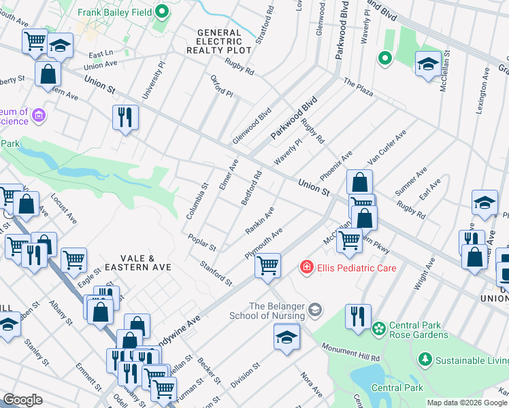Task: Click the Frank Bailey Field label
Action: click(114, 12)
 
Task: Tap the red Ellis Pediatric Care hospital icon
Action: click(307, 268)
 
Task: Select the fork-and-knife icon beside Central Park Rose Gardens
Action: click(358, 317)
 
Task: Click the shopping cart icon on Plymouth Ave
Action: click(268, 265)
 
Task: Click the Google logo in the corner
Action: click(22, 399)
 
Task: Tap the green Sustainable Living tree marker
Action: click(425, 358)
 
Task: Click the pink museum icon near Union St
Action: click(39, 116)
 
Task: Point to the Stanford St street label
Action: click(216, 273)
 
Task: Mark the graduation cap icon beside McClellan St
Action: click(427, 65)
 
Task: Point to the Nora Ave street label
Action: click(312, 384)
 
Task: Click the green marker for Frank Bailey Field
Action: click(162, 12)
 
